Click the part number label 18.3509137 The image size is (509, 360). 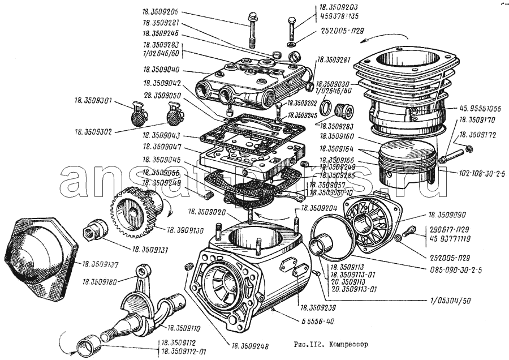(x=101, y=264)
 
